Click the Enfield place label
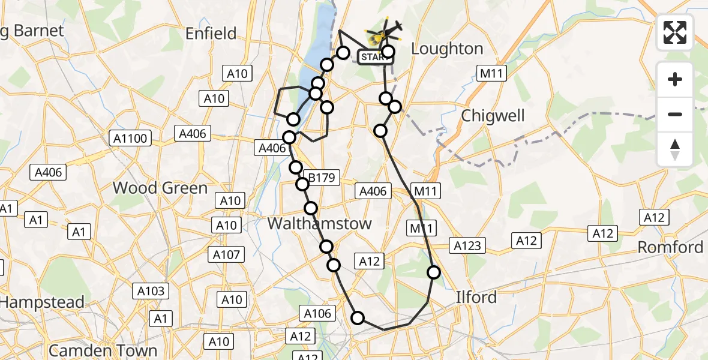[211, 34]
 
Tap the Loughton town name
[448, 49]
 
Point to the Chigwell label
[493, 116]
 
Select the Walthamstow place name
[319, 224]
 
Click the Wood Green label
[160, 188]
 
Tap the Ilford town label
[476, 297]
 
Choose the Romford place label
[670, 247]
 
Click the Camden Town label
[103, 350]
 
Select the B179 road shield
[322, 178]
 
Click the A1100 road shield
[130, 139]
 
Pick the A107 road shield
[226, 255]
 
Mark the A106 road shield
[317, 313]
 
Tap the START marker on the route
[374, 58]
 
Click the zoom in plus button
[675, 79]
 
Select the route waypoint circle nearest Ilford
[434, 272]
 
